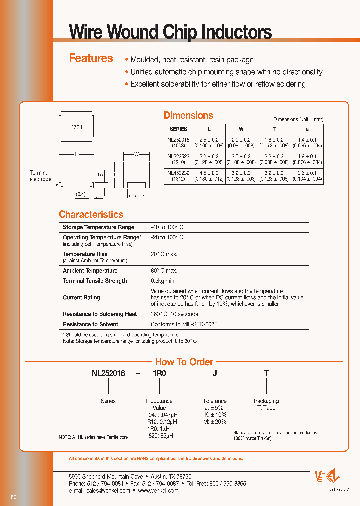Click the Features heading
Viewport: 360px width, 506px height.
pos(91,58)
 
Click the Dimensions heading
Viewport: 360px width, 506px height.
pos(188,115)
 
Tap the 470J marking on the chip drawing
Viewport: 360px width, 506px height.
pos(76,128)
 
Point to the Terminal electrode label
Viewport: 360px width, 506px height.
pos(40,176)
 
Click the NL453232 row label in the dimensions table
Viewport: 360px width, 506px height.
pos(179,175)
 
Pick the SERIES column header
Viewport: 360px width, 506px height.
pos(179,129)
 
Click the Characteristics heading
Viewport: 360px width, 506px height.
pos(91,214)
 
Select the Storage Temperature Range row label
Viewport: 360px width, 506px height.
pos(98,227)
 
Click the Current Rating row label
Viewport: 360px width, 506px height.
pos(81,297)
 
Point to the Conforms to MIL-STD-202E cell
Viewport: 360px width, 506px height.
pos(184,324)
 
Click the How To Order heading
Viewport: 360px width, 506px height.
pos(184,362)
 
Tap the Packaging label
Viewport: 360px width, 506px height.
pos(266,401)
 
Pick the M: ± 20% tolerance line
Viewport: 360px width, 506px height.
pos(215,422)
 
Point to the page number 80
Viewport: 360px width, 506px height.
pos(13,497)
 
